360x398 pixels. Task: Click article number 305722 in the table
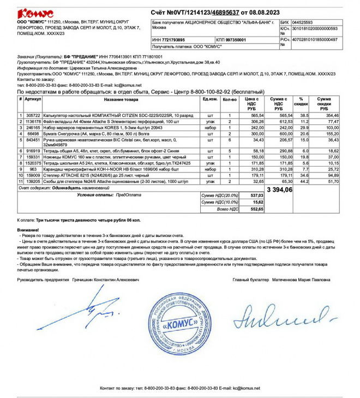pos(33,116)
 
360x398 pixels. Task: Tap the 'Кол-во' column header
pos(230,99)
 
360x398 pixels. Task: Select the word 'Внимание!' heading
pos(28,230)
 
